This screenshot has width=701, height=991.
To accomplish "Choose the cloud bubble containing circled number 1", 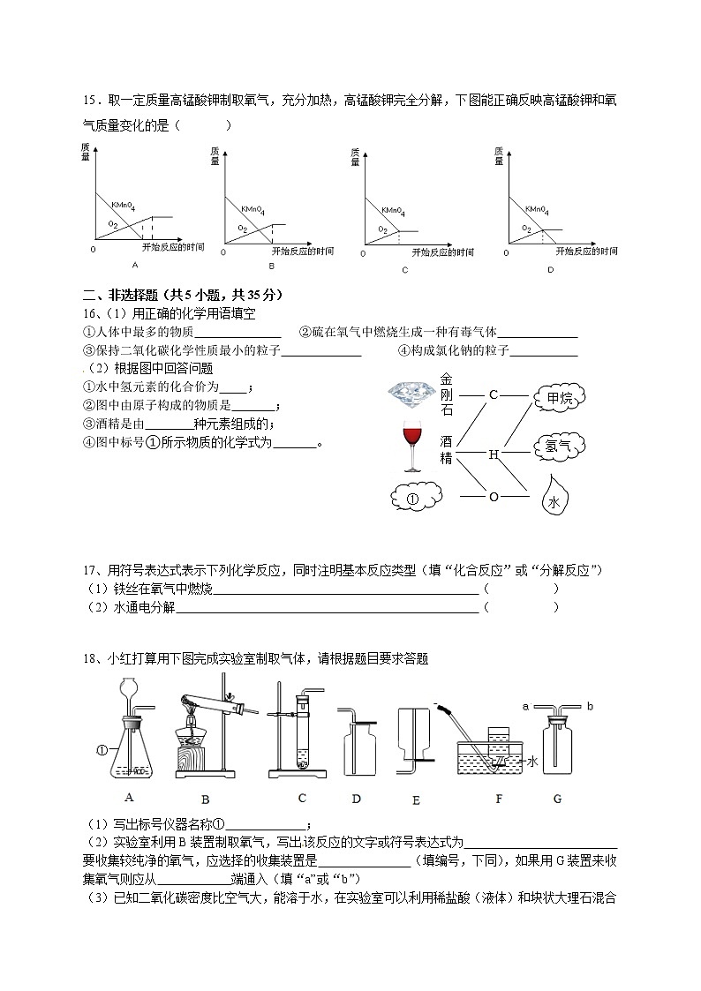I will pos(413,499).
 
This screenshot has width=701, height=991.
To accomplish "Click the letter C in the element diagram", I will pos(494,394).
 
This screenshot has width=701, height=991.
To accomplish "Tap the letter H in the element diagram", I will pos(494,454).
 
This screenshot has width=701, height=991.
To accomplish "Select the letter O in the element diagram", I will pos(494,497).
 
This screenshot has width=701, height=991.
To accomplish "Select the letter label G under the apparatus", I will pos(557,799).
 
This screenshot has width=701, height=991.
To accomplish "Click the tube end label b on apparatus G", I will pos(588,707).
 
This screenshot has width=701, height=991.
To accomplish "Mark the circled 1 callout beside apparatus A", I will pos(102,751).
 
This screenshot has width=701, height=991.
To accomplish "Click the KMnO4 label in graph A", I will pos(123,206).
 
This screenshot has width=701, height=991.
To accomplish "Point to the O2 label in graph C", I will pos(382,229).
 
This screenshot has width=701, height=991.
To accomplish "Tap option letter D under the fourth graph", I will pos(549,269).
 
